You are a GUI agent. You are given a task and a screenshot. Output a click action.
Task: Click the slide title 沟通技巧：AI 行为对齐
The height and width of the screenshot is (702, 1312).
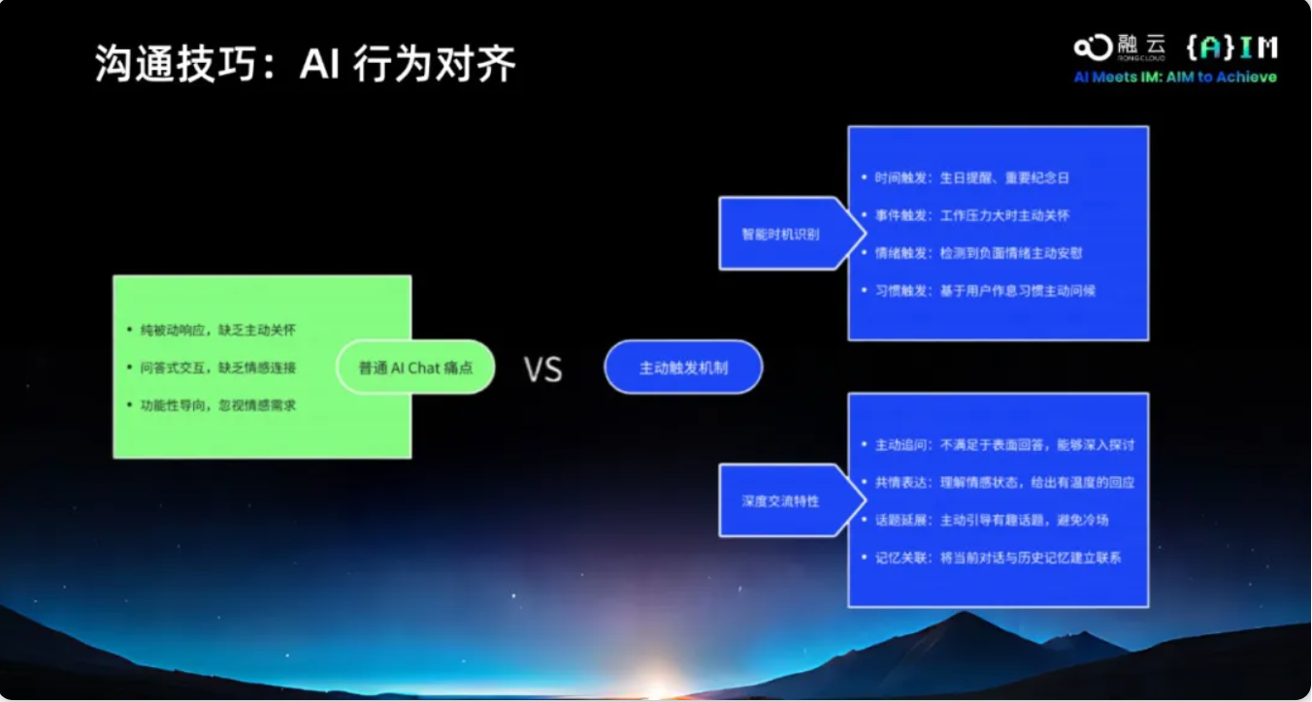pos(305,65)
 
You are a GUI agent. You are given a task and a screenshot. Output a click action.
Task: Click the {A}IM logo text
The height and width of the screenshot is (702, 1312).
pos(1230,47)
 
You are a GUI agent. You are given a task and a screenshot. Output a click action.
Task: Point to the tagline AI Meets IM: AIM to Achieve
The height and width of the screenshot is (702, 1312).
pos(1174,78)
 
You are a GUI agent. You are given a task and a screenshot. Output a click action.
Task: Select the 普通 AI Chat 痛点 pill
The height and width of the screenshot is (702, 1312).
pos(414,367)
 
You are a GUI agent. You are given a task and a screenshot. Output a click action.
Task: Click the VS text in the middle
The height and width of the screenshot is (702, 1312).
pos(542,369)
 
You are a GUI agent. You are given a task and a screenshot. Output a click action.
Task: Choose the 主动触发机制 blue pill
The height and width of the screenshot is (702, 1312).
pos(683,367)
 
